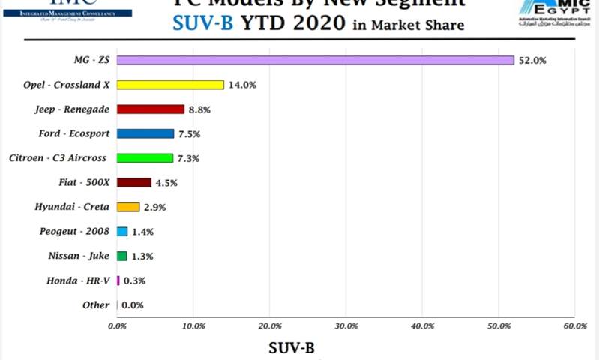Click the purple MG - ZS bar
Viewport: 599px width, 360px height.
(315, 60)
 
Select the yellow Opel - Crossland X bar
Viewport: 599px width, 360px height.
(170, 85)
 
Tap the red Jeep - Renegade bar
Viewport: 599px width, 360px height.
(150, 109)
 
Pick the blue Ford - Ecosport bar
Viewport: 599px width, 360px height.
(145, 134)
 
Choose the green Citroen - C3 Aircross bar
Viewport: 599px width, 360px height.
(145, 158)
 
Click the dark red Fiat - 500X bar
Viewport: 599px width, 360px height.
(134, 182)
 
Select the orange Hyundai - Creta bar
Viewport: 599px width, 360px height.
(128, 207)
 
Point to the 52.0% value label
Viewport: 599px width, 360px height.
(532, 60)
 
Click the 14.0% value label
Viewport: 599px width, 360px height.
(242, 85)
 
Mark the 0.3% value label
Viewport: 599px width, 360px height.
(134, 280)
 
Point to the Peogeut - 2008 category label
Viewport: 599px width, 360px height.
(74, 232)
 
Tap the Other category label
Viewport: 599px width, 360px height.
(95, 305)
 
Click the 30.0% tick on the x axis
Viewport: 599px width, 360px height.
(346, 325)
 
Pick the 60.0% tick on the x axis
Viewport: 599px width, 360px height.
(574, 325)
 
